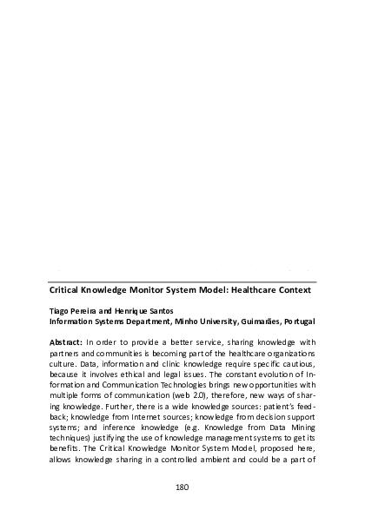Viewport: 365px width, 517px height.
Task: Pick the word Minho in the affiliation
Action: (184, 320)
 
